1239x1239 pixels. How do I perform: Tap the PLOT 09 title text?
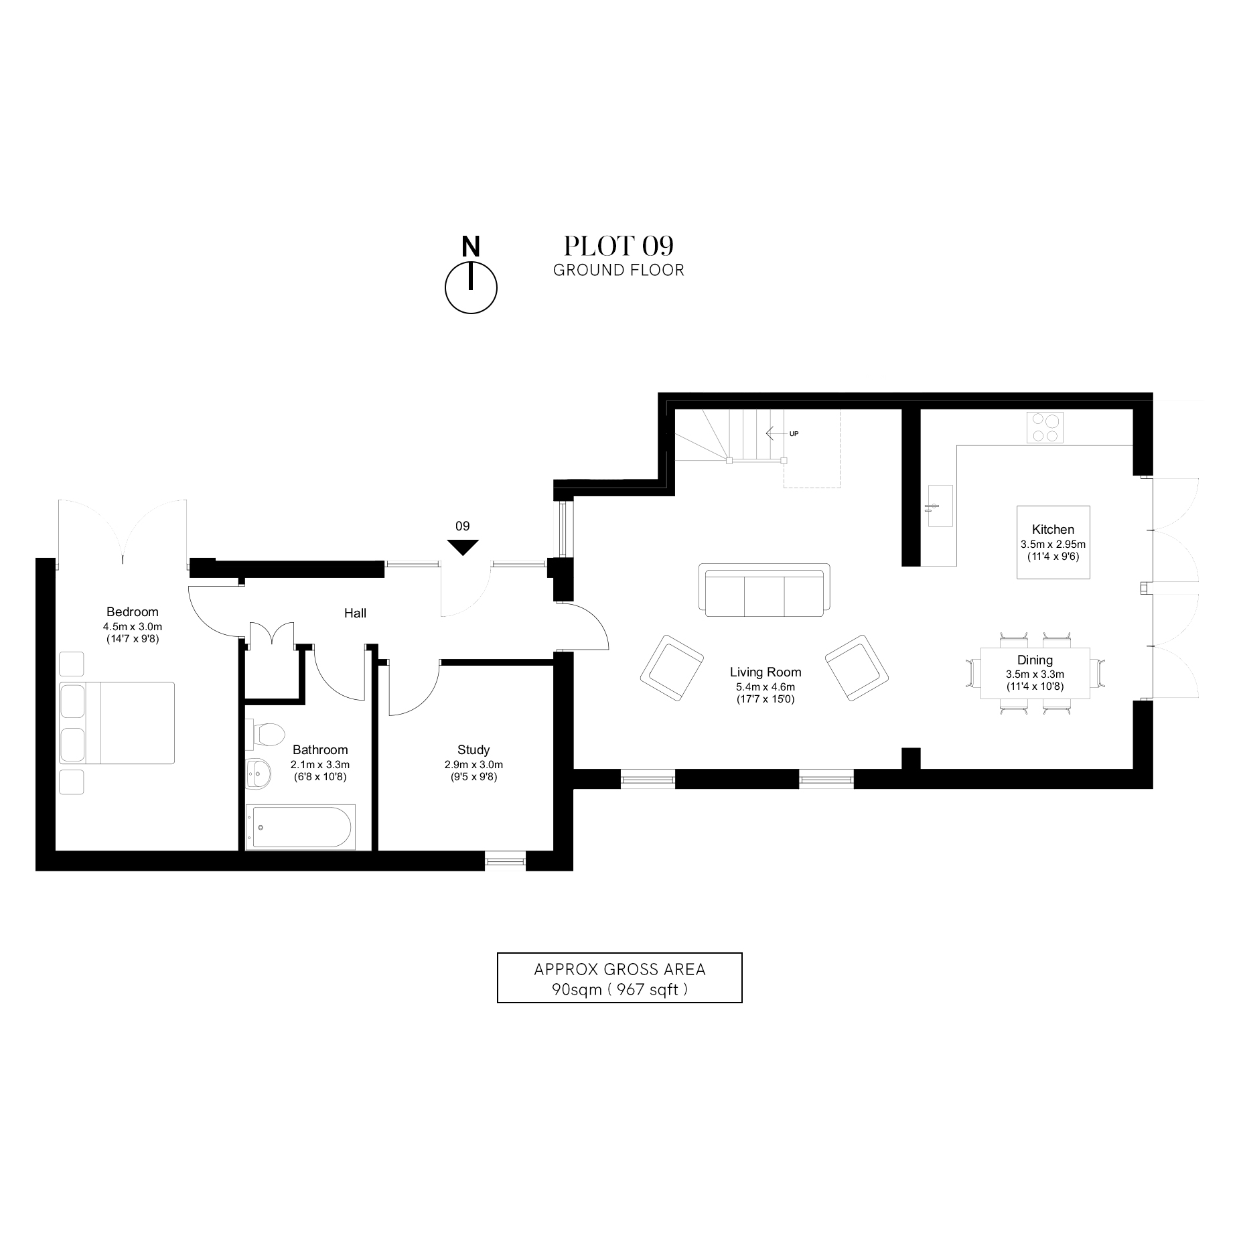(617, 246)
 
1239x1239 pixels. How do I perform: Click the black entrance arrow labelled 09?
(463, 546)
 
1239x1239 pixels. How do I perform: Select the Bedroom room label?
(133, 611)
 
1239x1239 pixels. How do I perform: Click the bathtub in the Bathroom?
(299, 826)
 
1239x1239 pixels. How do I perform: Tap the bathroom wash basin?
(259, 774)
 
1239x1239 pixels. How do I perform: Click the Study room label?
(473, 749)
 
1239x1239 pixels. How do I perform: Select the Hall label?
(355, 613)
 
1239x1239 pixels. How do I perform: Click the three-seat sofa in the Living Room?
(763, 590)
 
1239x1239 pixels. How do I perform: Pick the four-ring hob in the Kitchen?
(1045, 427)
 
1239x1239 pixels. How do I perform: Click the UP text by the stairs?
(794, 434)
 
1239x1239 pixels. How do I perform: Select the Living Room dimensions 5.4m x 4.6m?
(765, 686)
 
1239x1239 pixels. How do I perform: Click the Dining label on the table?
(1035, 660)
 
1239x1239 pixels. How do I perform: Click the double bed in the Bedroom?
(117, 723)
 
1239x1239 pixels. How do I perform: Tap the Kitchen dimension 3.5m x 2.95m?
(1053, 544)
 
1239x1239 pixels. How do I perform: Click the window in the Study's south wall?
(505, 861)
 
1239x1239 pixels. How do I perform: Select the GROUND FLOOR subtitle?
(618, 271)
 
